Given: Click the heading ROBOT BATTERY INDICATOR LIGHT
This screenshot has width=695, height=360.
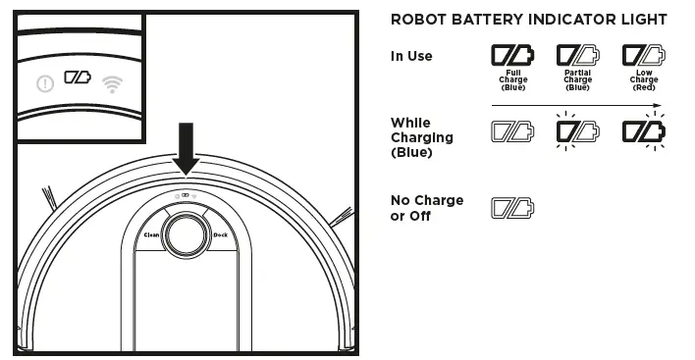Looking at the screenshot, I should point(528,20).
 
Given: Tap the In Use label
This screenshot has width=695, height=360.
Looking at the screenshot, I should point(411,56).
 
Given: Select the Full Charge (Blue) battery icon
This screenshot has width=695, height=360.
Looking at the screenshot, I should point(512,55).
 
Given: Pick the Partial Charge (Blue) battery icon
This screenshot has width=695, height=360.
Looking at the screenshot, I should point(577,55).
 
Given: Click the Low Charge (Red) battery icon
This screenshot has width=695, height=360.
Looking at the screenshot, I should point(643,55).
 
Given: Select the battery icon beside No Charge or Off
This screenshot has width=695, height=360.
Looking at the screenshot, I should point(512,207).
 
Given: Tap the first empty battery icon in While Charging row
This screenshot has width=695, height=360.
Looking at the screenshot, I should point(512,130).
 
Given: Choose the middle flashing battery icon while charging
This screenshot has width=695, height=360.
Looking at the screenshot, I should point(577,130).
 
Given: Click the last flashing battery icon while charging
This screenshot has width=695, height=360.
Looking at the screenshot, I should point(643,130).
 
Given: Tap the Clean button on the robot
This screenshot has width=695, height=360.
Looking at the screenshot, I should point(152,235).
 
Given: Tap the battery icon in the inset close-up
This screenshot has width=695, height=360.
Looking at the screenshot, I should point(77,76).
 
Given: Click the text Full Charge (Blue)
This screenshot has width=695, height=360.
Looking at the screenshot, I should point(512,79).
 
